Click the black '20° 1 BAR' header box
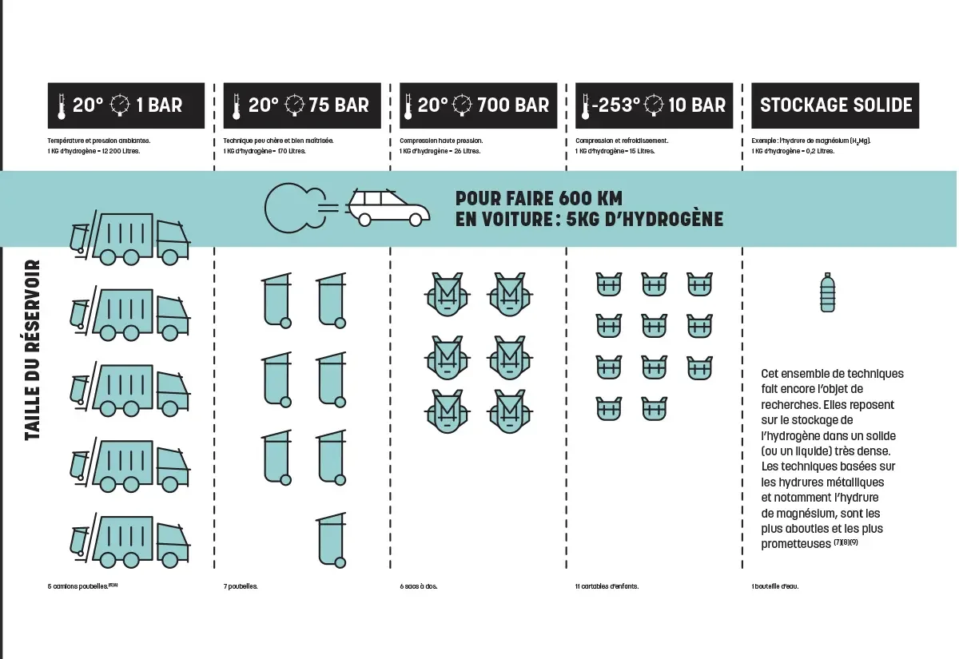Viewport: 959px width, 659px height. pos(125,105)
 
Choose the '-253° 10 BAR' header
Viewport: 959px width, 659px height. pos(652,105)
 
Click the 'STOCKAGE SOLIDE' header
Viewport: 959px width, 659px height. pos(835,105)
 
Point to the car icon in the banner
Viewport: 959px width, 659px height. pos(389,208)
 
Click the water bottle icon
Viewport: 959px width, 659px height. pos(829,292)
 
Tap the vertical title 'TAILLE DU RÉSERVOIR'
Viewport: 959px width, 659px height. pos(33,349)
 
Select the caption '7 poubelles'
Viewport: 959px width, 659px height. pos(241,586)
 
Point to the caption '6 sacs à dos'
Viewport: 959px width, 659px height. pos(419,586)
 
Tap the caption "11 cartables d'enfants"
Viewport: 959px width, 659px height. pos(607,586)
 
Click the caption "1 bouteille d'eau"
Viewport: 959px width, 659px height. pos(774,586)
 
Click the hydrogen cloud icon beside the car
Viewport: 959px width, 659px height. pos(291,208)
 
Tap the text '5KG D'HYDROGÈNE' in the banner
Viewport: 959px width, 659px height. pos(644,219)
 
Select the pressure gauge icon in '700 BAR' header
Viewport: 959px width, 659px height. pos(463,105)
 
